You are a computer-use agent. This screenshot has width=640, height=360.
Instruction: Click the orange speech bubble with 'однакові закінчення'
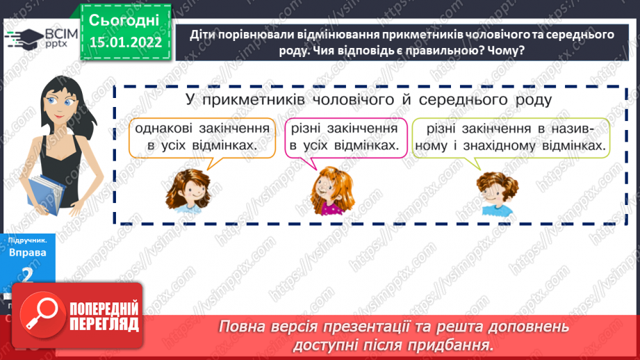click(202, 137)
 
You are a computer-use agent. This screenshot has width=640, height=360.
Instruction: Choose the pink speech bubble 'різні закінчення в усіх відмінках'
click(345, 137)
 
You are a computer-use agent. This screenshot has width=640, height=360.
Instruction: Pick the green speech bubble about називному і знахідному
click(510, 137)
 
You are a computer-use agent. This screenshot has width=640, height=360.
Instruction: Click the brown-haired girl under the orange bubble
click(188, 190)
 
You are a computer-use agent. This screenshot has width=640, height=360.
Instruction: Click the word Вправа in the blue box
click(28, 252)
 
